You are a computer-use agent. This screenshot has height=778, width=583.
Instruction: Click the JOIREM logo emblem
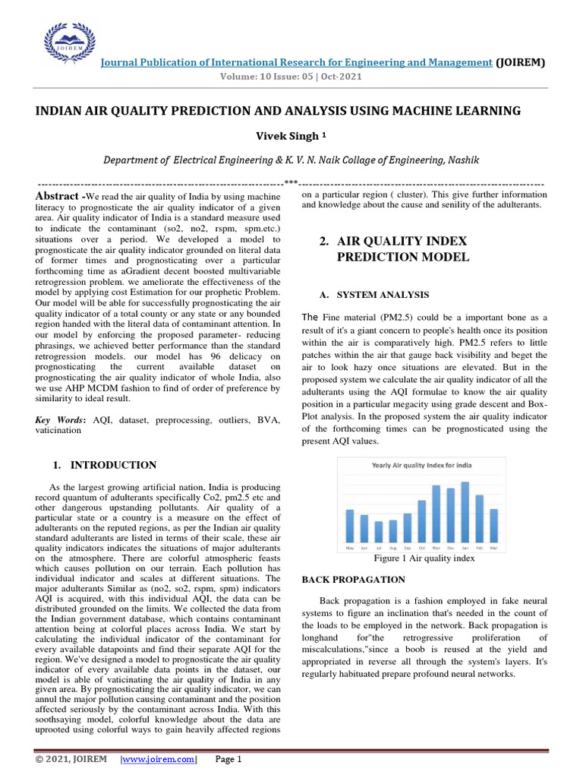coord(69,46)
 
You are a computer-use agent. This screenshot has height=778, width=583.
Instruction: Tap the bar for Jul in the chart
coord(378,531)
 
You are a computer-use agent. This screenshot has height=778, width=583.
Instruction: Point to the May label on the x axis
coord(349,547)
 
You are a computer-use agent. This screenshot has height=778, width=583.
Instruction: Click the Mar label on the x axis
coord(493,547)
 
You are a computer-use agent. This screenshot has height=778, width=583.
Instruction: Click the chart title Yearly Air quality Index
coord(421,465)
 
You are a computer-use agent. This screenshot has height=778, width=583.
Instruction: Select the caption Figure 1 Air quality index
coord(424,558)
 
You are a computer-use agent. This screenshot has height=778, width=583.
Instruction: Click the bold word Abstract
coord(57,197)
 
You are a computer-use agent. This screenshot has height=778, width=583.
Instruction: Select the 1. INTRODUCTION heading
coord(104,465)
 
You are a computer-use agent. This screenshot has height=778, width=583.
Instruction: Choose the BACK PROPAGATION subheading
coord(353,580)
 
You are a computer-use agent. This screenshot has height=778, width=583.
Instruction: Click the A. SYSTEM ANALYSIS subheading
coord(372,295)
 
